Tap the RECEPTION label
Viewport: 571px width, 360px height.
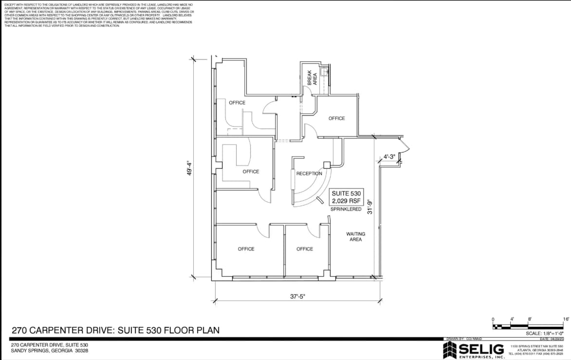pos(309,173)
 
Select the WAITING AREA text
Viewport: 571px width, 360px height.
pos(355,237)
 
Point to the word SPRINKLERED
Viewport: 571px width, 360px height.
pos(346,209)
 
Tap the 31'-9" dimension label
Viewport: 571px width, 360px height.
pos(370,207)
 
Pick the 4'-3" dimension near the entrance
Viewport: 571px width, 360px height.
pos(389,157)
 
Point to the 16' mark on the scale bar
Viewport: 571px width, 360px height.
pos(566,319)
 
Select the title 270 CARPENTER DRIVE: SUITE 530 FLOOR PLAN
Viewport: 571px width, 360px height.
pos(115,330)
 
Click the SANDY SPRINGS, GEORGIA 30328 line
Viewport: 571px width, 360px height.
pos(50,351)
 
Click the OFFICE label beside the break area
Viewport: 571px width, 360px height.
pos(336,118)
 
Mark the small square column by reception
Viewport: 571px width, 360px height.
pos(327,165)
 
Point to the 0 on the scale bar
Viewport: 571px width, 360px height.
pos(493,319)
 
